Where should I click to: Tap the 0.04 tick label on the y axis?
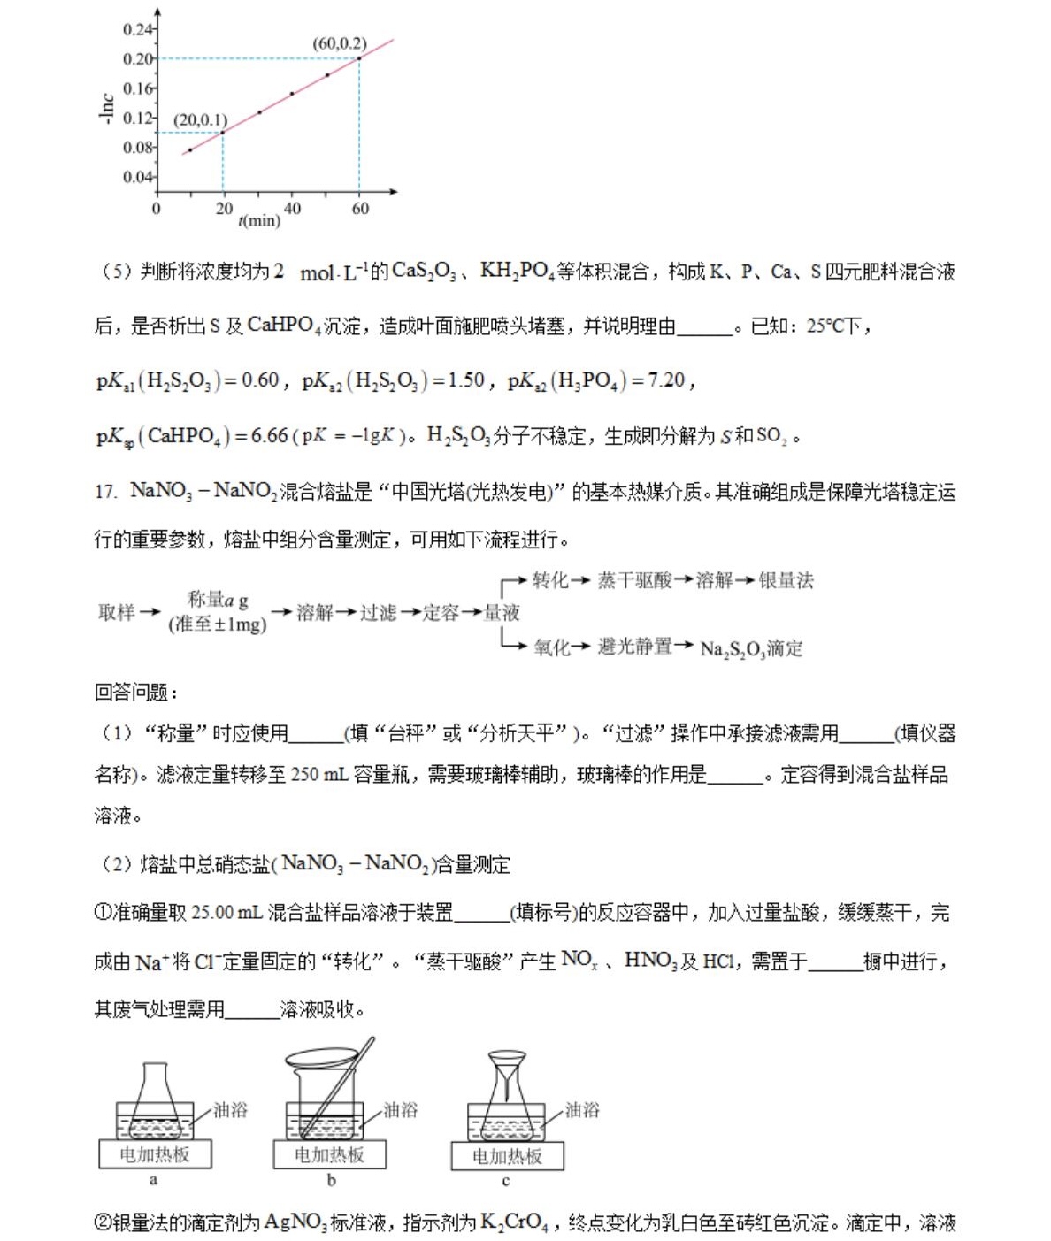(137, 177)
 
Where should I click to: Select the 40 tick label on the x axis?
(292, 209)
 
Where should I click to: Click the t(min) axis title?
(259, 220)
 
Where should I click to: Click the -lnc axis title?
(106, 109)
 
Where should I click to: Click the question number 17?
(105, 492)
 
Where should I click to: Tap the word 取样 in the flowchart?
(117, 612)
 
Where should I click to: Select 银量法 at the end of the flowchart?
(786, 580)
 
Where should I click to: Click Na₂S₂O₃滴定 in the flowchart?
(751, 648)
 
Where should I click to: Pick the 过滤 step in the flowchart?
(378, 612)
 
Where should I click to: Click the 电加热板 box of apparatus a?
(155, 1154)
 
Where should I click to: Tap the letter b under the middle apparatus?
(331, 1180)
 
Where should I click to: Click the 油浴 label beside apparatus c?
(582, 1110)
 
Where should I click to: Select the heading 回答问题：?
(136, 693)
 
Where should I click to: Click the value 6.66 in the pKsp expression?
(270, 435)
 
